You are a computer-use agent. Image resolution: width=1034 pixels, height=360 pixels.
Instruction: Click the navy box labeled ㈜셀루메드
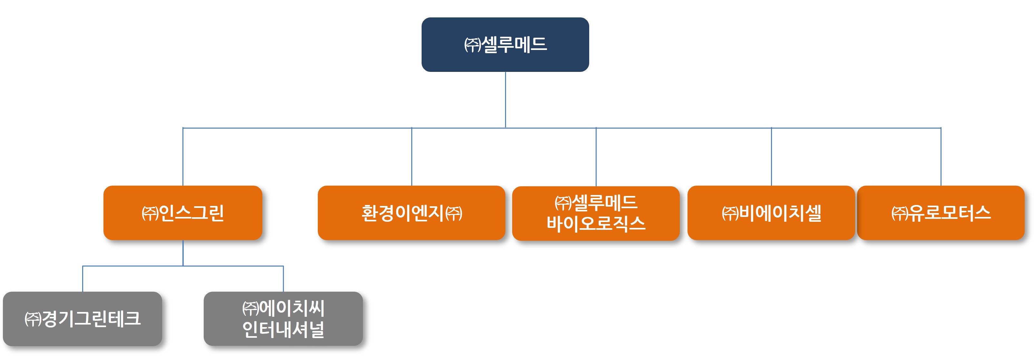pos(505,44)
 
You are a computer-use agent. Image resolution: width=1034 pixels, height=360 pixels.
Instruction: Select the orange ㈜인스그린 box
pos(183,213)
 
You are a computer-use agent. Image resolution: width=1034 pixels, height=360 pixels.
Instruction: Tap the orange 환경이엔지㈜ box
pos(411,213)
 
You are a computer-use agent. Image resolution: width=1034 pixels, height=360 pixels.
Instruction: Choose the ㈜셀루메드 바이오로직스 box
pos(596,213)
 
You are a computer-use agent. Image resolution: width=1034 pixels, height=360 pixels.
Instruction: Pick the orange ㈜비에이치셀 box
pos(771,213)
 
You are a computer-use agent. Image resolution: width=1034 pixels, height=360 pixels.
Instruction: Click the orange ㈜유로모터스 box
pos(941,213)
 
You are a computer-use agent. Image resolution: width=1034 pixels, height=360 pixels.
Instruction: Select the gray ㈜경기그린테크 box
pos(82,319)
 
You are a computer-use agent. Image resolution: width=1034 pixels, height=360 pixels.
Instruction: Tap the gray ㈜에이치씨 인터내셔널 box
pos(283,319)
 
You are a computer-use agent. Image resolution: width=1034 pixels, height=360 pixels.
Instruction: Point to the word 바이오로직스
pos(596,224)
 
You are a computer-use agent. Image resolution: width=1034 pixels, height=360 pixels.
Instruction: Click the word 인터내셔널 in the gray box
pos(283,329)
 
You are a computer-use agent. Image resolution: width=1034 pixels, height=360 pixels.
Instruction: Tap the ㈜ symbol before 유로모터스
pos(900,213)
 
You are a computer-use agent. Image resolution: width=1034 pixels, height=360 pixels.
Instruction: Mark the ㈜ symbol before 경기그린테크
pos(33,319)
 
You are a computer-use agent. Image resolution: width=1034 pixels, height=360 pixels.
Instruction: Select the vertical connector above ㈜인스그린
pos(183,157)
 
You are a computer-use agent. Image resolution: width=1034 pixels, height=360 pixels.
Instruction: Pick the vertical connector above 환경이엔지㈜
pos(411,157)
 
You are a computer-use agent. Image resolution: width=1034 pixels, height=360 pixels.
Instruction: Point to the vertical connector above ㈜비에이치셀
pos(771,157)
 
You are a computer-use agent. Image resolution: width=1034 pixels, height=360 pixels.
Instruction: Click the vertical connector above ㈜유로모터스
pos(941,157)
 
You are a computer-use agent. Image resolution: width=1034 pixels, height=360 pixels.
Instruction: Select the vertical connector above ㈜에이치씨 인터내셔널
pos(283,278)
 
